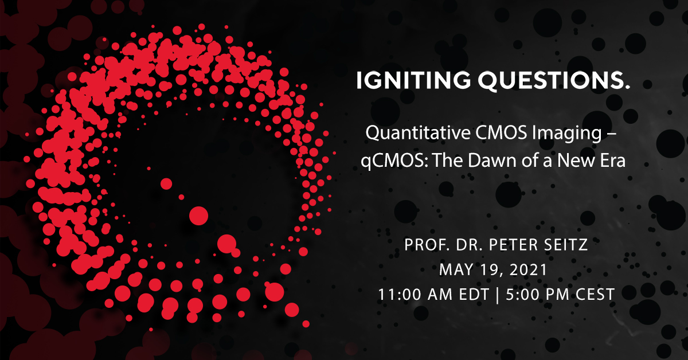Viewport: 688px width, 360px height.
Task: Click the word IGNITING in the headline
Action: tap(413, 80)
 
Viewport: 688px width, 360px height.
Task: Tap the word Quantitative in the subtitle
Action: tap(418, 133)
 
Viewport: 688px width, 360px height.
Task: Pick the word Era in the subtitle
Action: tap(613, 161)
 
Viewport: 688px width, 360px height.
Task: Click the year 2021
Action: tap(528, 269)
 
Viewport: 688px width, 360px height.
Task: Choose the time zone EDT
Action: tap(474, 294)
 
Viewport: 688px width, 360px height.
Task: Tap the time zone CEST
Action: tap(595, 294)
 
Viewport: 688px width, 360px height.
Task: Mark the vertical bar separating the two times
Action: tap(498, 295)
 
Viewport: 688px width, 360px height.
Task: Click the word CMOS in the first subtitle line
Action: tap(501, 133)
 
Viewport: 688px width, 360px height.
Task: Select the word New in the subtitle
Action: tap(576, 161)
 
